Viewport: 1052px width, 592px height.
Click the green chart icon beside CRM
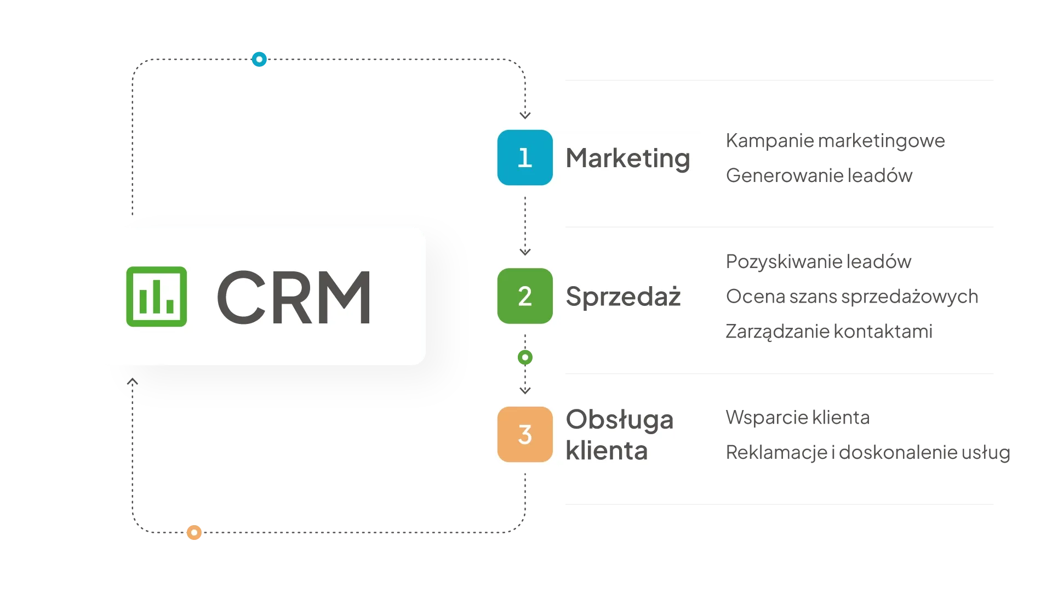(x=156, y=297)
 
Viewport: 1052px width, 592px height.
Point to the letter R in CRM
(x=294, y=297)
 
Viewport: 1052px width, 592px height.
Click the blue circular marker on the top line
(x=259, y=59)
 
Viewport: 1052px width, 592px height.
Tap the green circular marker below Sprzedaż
(x=525, y=357)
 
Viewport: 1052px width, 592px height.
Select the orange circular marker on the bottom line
(x=193, y=532)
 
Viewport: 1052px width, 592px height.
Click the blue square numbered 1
(x=525, y=158)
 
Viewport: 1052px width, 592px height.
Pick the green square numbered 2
(x=525, y=296)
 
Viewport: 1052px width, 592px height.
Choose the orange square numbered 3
(x=525, y=434)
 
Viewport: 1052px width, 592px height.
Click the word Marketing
(x=627, y=158)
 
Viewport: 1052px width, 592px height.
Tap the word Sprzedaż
(x=623, y=297)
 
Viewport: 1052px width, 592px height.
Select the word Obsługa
(x=619, y=420)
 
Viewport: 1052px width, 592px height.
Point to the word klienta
(x=607, y=451)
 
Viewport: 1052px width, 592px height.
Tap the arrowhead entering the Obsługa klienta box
(x=525, y=390)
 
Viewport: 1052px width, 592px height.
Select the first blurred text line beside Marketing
(x=834, y=141)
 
